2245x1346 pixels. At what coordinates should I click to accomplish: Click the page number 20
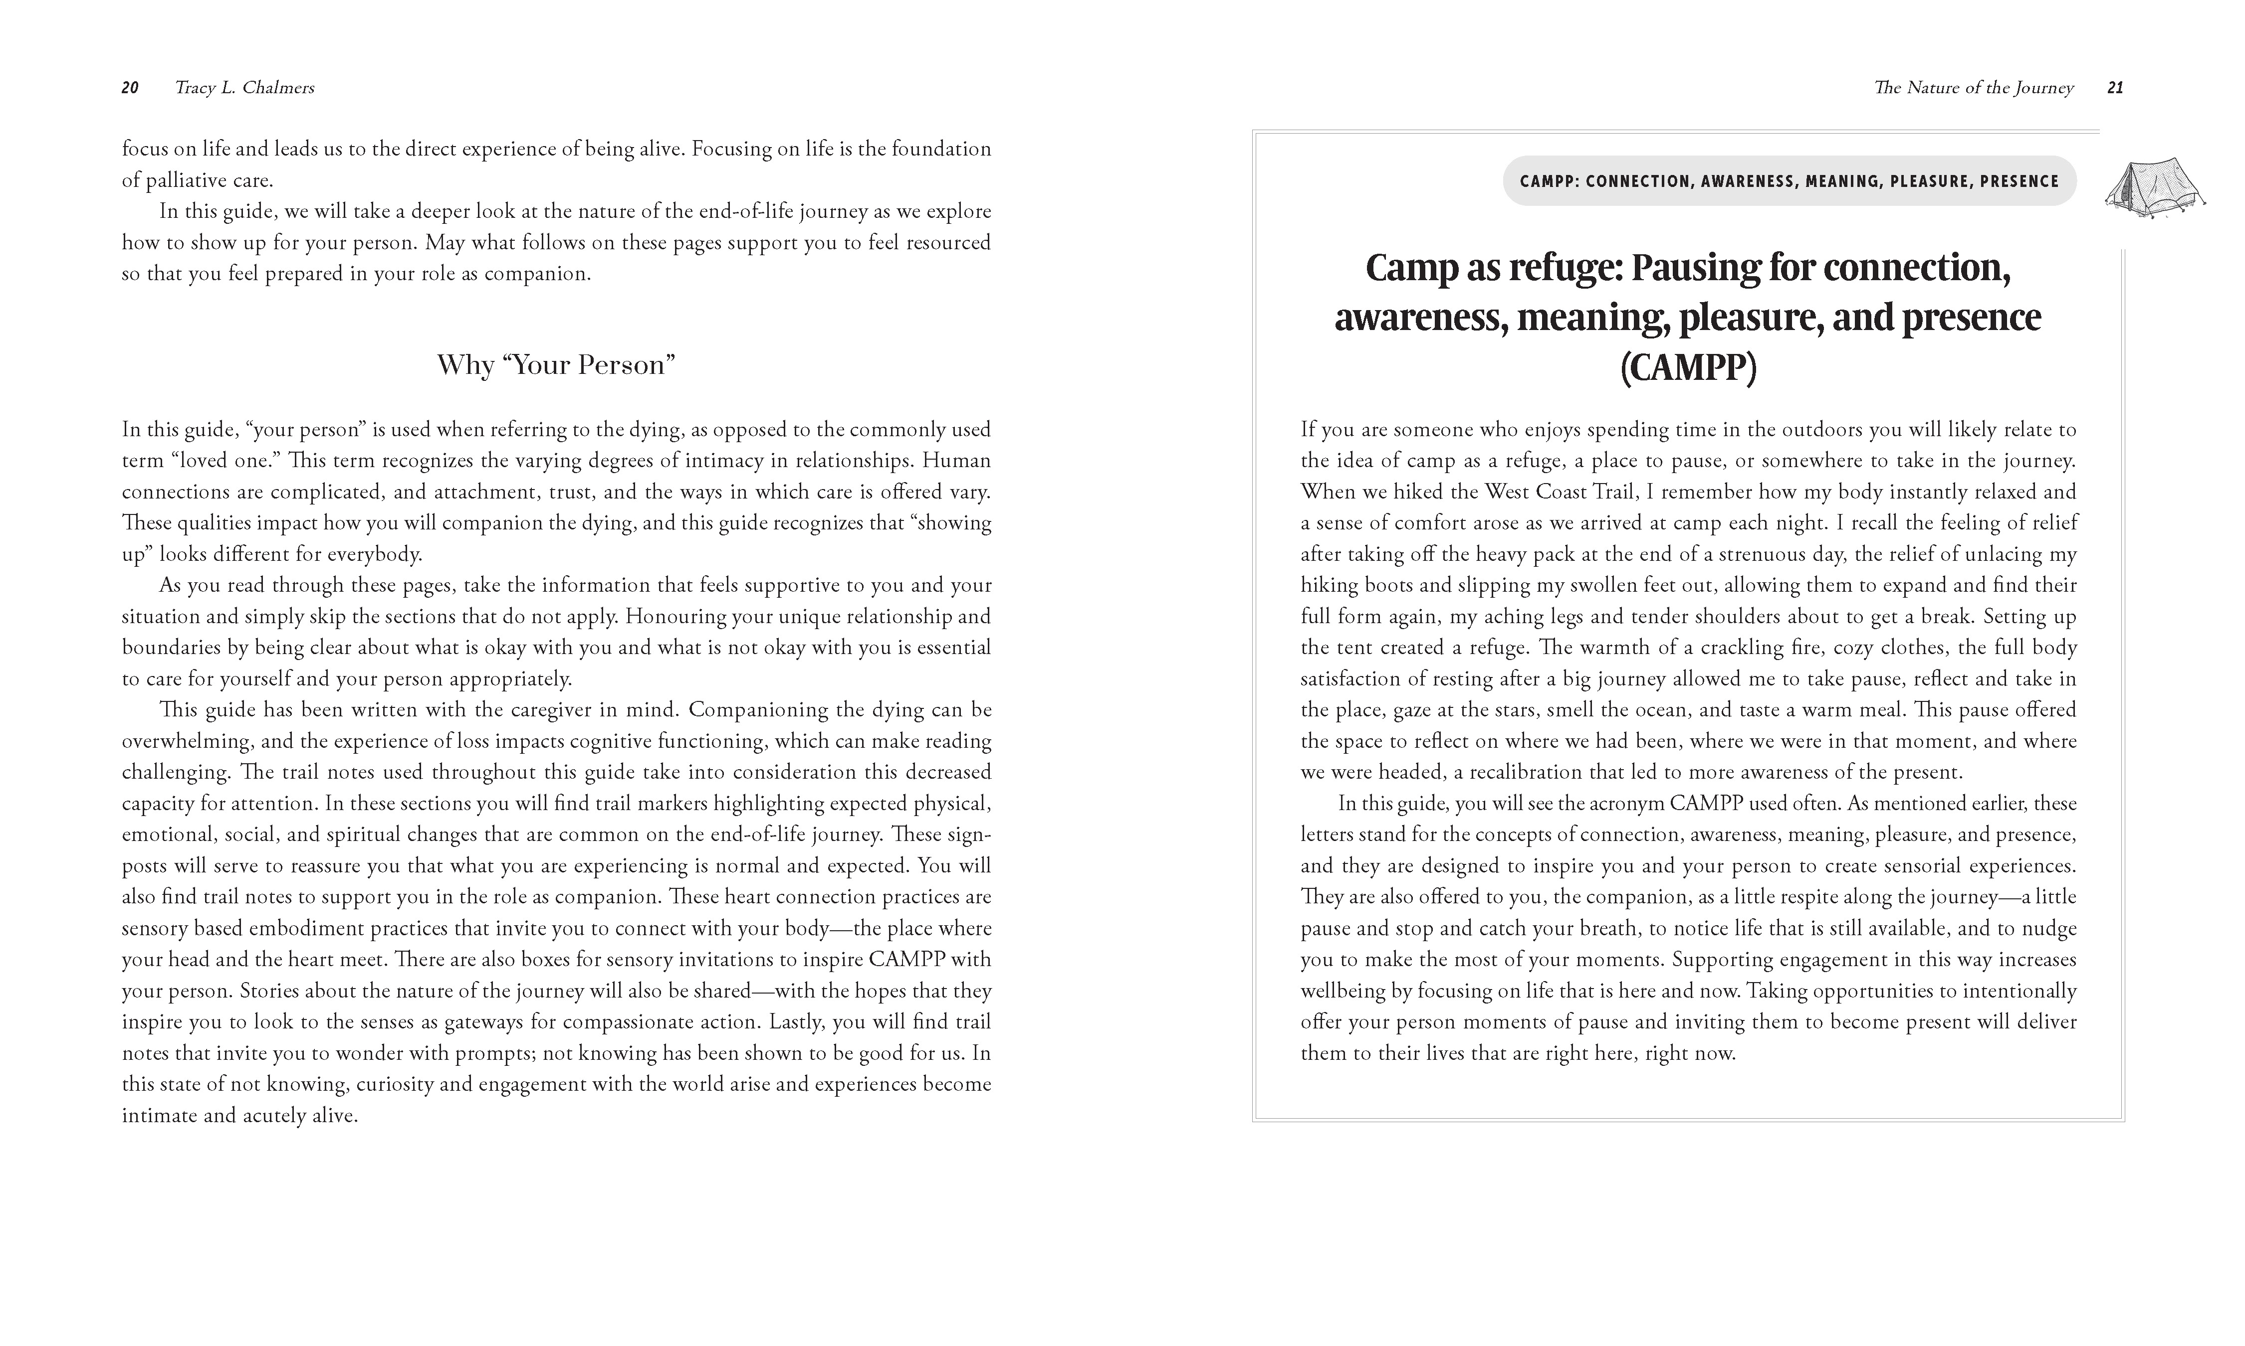pyautogui.click(x=130, y=88)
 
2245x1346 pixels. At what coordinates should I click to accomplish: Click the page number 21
pyautogui.click(x=2114, y=88)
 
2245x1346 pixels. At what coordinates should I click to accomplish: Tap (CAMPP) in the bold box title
pyautogui.click(x=1688, y=367)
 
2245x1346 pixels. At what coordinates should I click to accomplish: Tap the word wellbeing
pyautogui.click(x=1342, y=992)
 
